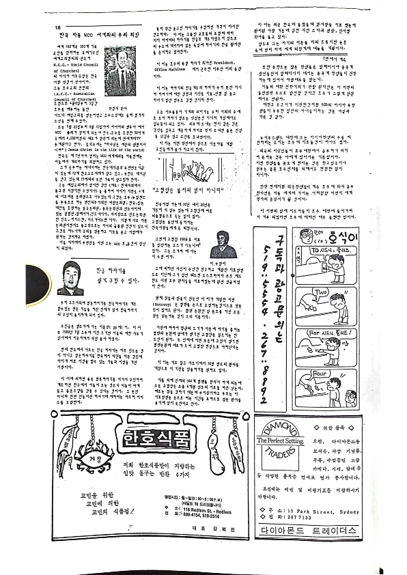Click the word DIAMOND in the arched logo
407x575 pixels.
click(x=281, y=432)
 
